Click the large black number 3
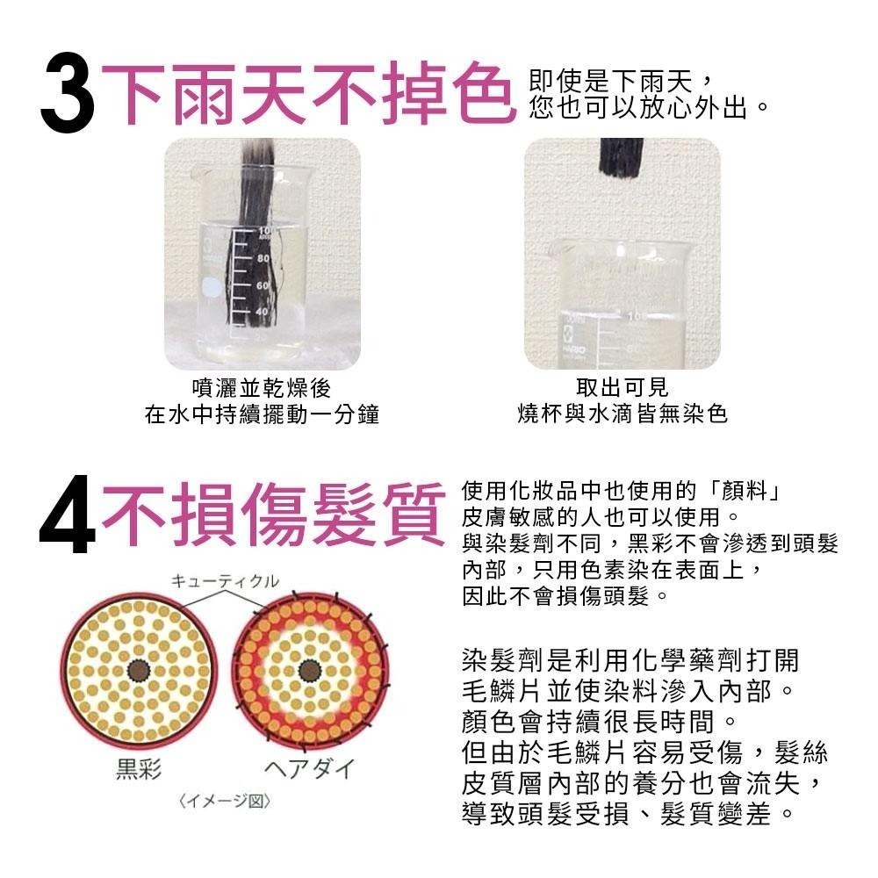click(x=68, y=93)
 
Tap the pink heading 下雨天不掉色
click(x=308, y=93)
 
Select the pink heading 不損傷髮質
click(x=274, y=514)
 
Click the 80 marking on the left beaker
click(x=263, y=259)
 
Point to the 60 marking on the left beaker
click(x=263, y=285)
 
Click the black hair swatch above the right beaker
click(x=622, y=156)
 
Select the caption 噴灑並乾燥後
click(x=262, y=388)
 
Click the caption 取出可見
click(x=623, y=387)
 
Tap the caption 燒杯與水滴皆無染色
click(x=623, y=414)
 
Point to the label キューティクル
click(x=225, y=580)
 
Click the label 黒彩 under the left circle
click(x=139, y=768)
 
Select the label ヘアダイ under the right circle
click(x=310, y=768)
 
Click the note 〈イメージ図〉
click(x=225, y=802)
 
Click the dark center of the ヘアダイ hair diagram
click(x=309, y=670)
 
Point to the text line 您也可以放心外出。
click(x=650, y=107)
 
